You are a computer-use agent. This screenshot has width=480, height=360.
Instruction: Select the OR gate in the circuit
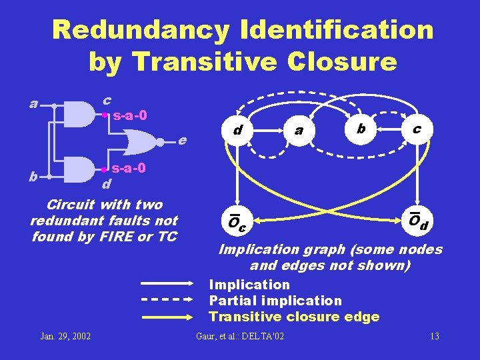[x=143, y=141]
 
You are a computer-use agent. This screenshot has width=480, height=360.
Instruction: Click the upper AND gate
[x=79, y=113]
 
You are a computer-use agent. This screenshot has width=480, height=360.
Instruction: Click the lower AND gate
[x=79, y=169]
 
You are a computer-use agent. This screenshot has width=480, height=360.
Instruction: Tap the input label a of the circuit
[x=33, y=103]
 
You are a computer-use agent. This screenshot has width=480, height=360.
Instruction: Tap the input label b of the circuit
[x=33, y=177]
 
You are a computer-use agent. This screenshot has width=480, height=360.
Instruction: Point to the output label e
[x=182, y=141]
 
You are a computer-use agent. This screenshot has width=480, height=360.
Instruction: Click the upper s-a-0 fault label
[x=129, y=115]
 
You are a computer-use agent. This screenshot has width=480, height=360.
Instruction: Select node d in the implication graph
[x=237, y=129]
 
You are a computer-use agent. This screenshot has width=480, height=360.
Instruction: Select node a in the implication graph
[x=299, y=129]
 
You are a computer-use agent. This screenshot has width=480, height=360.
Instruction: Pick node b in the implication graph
[x=361, y=127]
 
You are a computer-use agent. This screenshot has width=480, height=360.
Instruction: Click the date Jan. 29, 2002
[x=65, y=335]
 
